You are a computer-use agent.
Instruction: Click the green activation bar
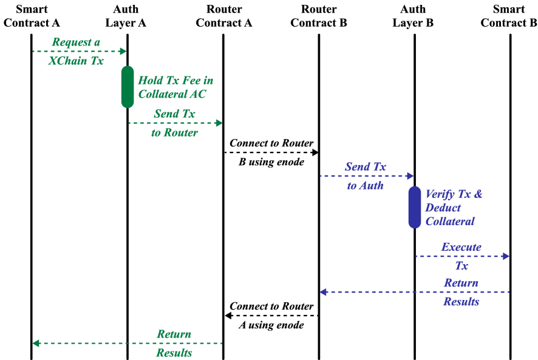click(x=128, y=87)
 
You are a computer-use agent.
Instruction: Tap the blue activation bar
click(x=415, y=207)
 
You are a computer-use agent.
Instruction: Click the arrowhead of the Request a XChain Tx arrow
click(x=123, y=52)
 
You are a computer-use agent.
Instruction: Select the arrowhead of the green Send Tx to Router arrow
click(x=219, y=123)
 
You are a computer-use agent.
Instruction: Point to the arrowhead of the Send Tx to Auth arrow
click(x=410, y=176)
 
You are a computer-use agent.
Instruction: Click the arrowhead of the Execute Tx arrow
click(x=506, y=257)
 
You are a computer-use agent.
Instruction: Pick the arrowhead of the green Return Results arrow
click(x=36, y=344)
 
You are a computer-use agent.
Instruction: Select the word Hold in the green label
click(x=149, y=80)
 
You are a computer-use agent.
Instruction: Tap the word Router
click(x=180, y=132)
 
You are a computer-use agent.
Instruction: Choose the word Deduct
click(x=443, y=208)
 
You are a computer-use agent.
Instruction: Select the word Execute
click(x=461, y=247)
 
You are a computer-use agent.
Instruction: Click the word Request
click(x=70, y=42)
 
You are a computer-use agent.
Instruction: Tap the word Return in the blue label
click(x=460, y=283)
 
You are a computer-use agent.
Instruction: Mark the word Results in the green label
click(x=174, y=353)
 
